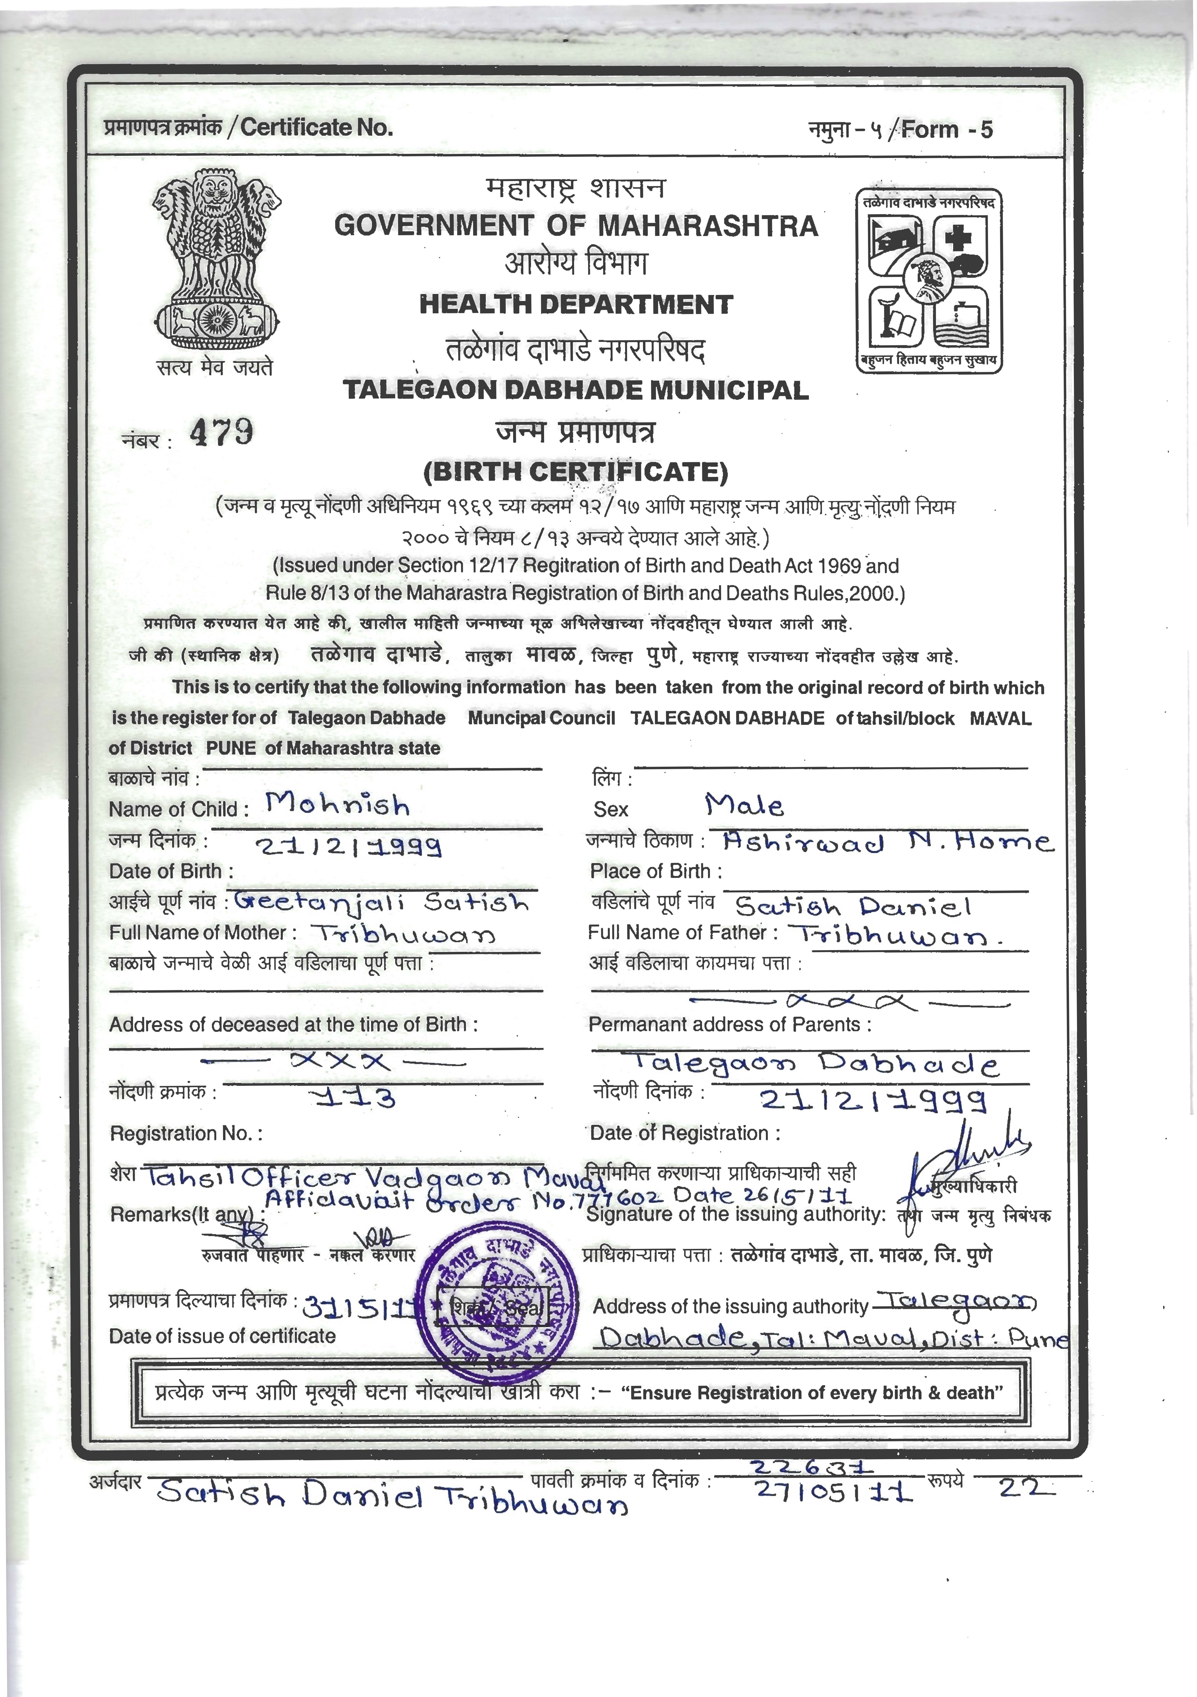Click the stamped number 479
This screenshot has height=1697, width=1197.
coord(221,433)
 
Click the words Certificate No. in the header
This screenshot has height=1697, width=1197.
coord(317,128)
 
